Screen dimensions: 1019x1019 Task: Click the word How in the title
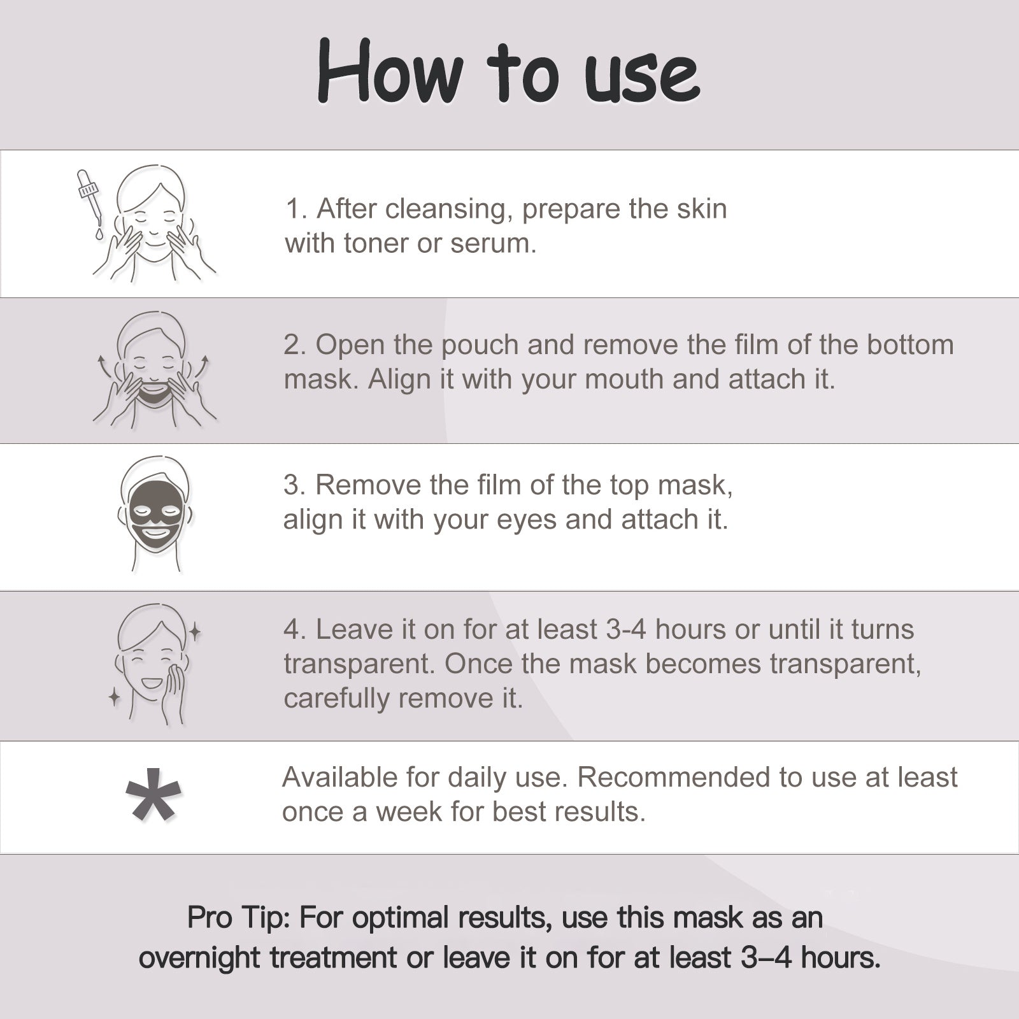tap(389, 71)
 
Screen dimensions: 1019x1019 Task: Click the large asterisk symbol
tap(153, 794)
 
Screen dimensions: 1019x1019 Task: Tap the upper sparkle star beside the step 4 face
tap(195, 632)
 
